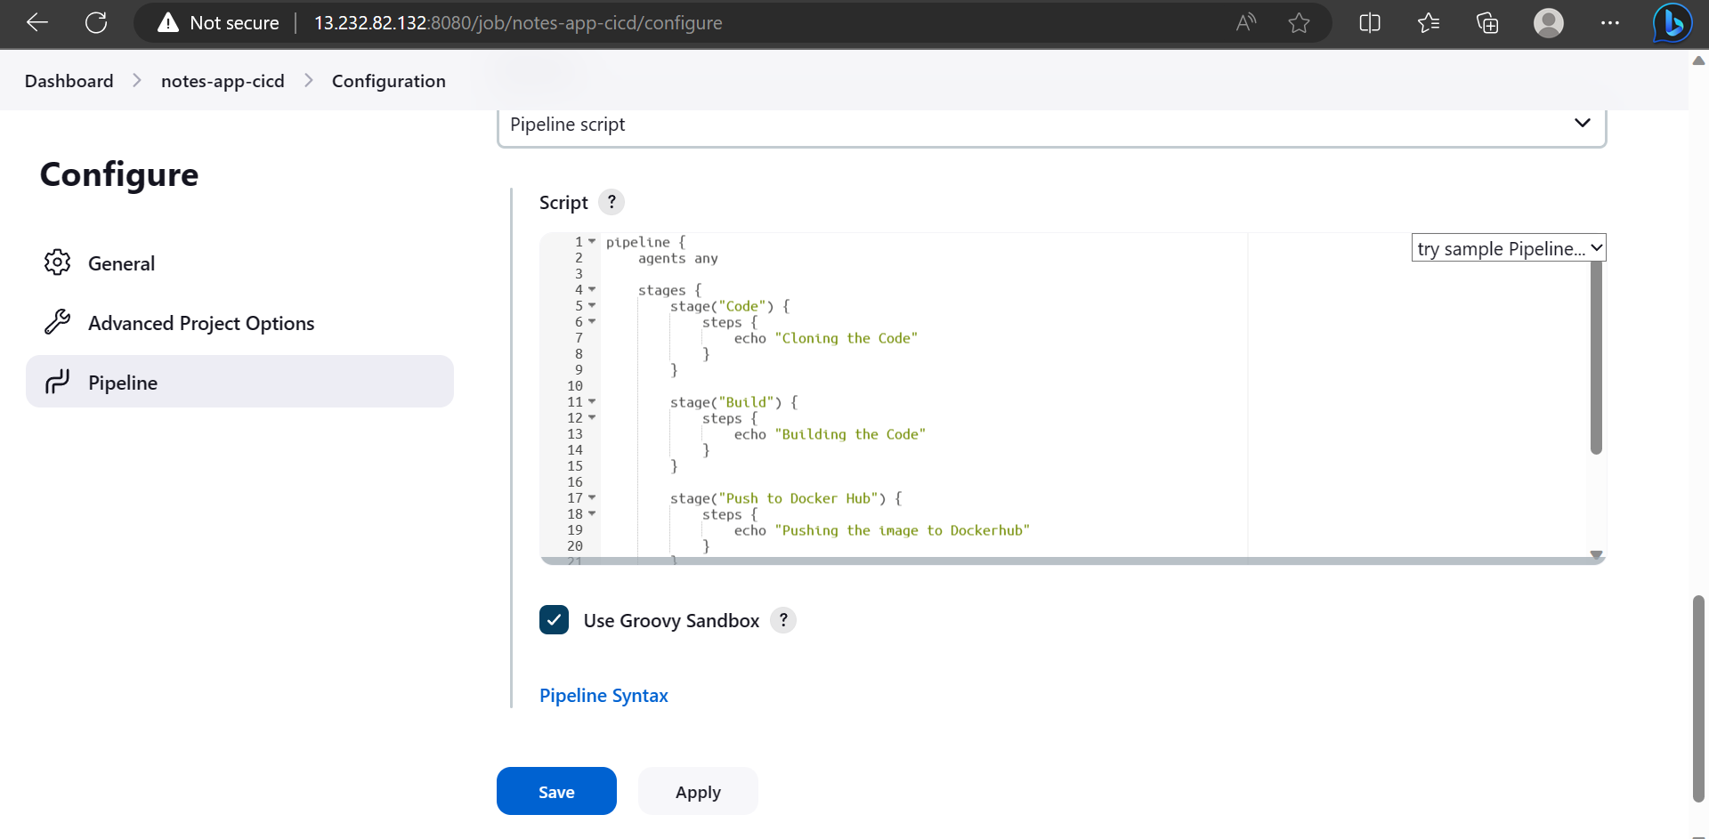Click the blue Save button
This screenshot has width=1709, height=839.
coord(556,791)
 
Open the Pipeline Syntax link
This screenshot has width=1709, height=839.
coord(603,696)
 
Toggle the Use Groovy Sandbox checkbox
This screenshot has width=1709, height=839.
coord(554,620)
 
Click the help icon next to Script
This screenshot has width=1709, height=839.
coord(612,202)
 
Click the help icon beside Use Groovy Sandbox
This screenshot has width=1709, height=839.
coord(783,620)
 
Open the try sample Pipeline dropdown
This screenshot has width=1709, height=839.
coord(1509,248)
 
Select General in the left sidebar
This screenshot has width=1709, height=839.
coord(121,263)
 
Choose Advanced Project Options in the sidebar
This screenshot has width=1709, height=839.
coord(201,323)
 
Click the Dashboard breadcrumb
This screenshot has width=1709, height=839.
coord(69,81)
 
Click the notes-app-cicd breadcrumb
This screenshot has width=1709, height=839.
coord(223,81)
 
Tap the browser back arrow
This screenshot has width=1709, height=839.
coord(37,22)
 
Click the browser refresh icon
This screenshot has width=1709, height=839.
coord(96,22)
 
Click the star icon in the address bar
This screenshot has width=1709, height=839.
coord(1299,22)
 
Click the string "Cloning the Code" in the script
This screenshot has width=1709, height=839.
coord(846,338)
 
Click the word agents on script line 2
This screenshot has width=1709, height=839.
coord(661,258)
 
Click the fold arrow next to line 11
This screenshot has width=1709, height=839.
coord(592,401)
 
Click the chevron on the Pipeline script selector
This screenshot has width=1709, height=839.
coord(1582,123)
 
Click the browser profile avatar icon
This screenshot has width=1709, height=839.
coord(1549,22)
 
